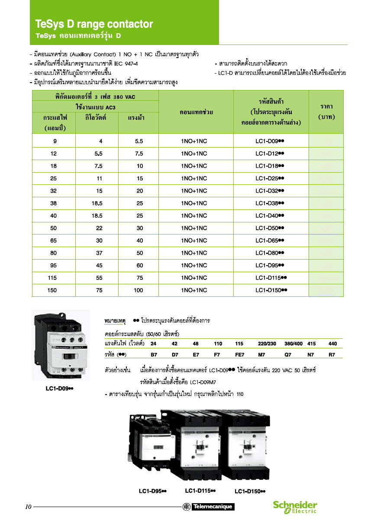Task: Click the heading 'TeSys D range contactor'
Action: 94,24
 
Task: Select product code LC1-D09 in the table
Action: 269,141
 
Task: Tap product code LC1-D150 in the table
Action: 271,290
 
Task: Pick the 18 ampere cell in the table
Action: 54,166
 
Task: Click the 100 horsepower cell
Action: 139,290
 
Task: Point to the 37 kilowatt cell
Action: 99,253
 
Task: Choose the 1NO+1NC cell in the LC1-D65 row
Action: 194,241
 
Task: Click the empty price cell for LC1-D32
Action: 326,191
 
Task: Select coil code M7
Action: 261,355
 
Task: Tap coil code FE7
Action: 240,355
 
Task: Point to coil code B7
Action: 154,355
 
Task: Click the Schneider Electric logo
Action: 295,507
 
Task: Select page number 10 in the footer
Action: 28,507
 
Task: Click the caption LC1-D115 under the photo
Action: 200,491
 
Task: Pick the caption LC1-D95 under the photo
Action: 153,491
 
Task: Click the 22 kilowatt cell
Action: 99,228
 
